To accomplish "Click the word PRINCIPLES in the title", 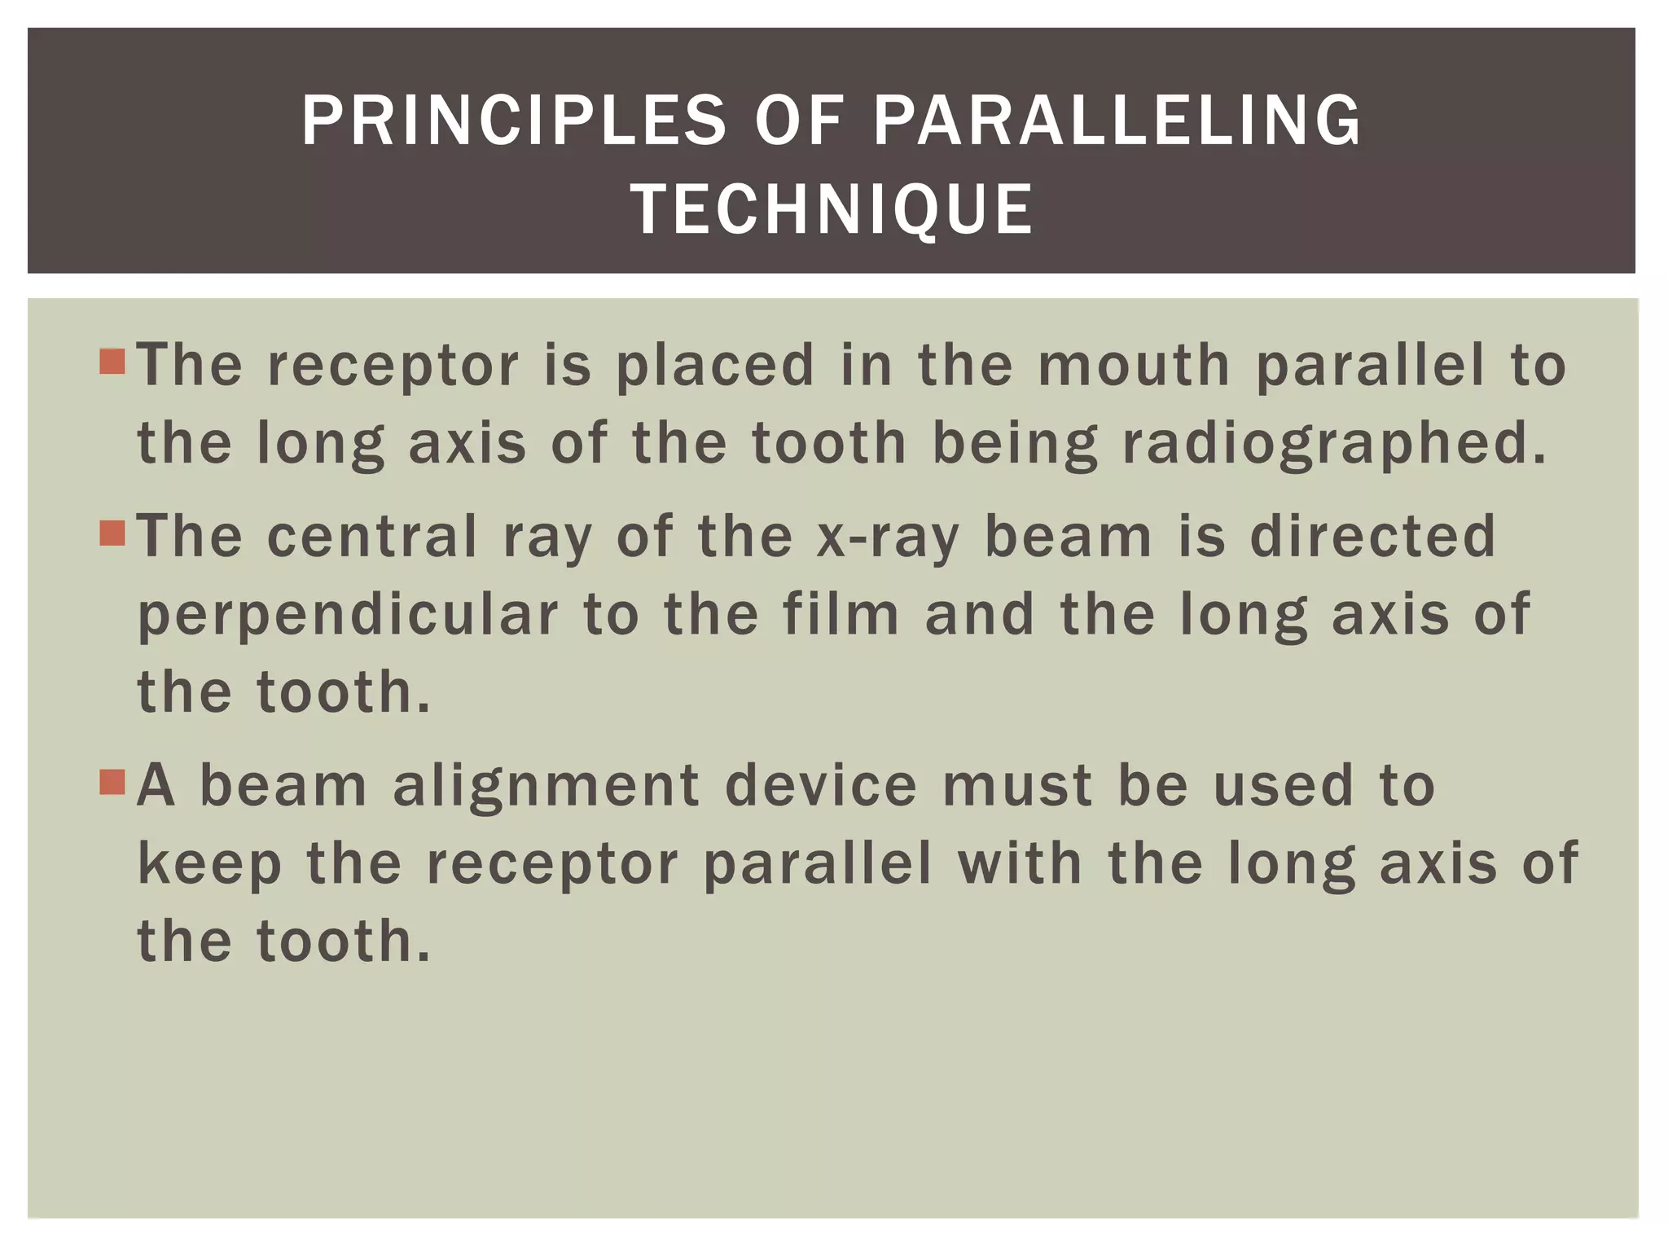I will [x=513, y=121].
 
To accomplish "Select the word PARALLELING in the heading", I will [x=1117, y=121].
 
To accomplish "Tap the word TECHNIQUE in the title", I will [x=832, y=209].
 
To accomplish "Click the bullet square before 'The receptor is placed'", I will [x=112, y=361].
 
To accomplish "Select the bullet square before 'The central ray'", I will [x=112, y=533].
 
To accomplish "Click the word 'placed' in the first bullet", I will [x=714, y=366].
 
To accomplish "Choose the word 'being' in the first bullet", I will [x=1015, y=446].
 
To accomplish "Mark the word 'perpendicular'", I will [x=349, y=616].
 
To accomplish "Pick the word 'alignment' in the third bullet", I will [x=546, y=787].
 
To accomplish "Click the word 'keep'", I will [x=209, y=865].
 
